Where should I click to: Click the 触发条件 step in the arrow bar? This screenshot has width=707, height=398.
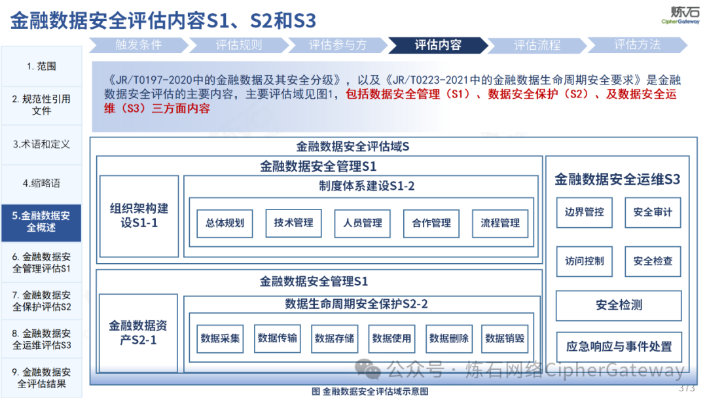[x=138, y=45]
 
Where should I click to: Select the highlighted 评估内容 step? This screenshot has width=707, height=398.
[x=438, y=45]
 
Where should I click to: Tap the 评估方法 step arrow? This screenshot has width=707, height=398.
[x=637, y=45]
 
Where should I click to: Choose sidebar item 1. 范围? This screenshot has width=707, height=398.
[x=41, y=66]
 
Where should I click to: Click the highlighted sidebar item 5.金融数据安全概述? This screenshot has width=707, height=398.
[x=41, y=222]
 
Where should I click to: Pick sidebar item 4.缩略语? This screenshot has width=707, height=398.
[x=41, y=183]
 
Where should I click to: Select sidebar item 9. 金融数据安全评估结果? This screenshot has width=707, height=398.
[x=41, y=378]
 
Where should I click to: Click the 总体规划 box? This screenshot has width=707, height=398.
[x=225, y=223]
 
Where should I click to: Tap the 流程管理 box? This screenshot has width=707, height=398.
[x=500, y=223]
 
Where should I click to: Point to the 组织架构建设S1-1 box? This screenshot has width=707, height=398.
[x=139, y=216]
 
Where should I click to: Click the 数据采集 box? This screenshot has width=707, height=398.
[x=220, y=338]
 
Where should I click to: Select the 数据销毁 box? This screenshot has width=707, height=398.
[x=505, y=338]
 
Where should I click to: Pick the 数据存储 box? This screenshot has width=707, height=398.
[x=335, y=338]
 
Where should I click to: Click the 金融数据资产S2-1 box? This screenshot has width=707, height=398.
[x=138, y=333]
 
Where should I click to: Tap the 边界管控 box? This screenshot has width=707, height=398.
[x=585, y=212]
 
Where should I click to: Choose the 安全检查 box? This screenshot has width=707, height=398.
[x=653, y=261]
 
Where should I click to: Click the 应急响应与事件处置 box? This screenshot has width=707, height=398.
[x=619, y=347]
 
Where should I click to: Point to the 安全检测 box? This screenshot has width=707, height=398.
[x=619, y=306]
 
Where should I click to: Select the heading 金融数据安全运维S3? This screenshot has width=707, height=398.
[x=617, y=179]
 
